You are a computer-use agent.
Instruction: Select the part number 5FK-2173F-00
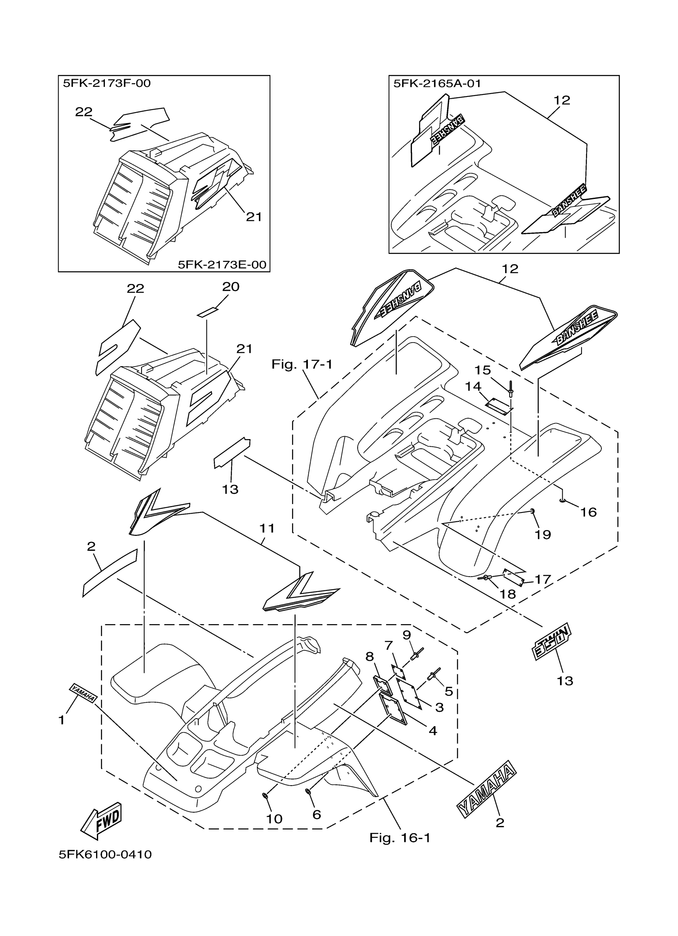click(107, 83)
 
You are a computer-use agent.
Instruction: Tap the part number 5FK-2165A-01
click(437, 83)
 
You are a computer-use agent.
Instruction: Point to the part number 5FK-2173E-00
click(222, 264)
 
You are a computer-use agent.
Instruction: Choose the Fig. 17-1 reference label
click(302, 365)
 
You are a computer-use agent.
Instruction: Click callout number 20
click(231, 287)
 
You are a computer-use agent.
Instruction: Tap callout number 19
click(543, 535)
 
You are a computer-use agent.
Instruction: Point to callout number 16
click(588, 512)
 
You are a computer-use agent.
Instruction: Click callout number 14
click(473, 387)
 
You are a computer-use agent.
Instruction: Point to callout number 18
click(508, 594)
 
